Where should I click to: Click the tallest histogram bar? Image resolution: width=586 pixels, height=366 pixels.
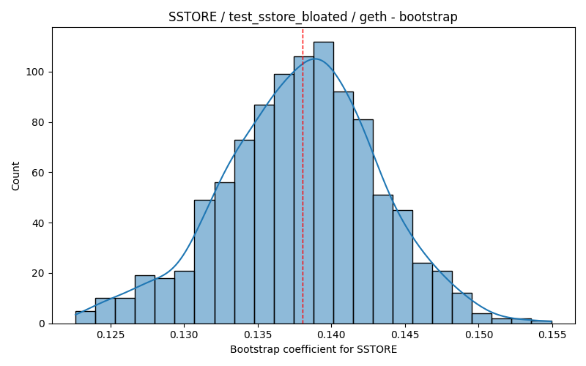click(324, 182)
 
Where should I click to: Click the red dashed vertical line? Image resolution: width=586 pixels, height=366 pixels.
click(303, 176)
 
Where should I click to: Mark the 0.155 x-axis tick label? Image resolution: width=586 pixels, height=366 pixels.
click(552, 335)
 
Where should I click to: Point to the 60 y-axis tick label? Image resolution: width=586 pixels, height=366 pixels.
click(38, 173)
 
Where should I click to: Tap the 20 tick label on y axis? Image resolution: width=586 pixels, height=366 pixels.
click(38, 273)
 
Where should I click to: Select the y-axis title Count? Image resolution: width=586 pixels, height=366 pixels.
click(15, 176)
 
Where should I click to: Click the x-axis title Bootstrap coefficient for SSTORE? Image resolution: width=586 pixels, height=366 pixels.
click(314, 350)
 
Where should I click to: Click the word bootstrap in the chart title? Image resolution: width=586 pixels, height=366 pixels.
click(429, 17)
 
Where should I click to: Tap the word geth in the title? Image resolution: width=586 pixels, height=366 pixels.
click(373, 17)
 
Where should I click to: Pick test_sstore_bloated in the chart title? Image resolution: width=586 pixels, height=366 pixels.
click(288, 17)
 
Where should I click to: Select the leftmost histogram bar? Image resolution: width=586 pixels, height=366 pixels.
click(85, 318)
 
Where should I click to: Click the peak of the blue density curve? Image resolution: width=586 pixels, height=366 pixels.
click(315, 59)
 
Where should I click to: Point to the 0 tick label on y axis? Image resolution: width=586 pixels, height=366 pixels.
click(41, 324)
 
